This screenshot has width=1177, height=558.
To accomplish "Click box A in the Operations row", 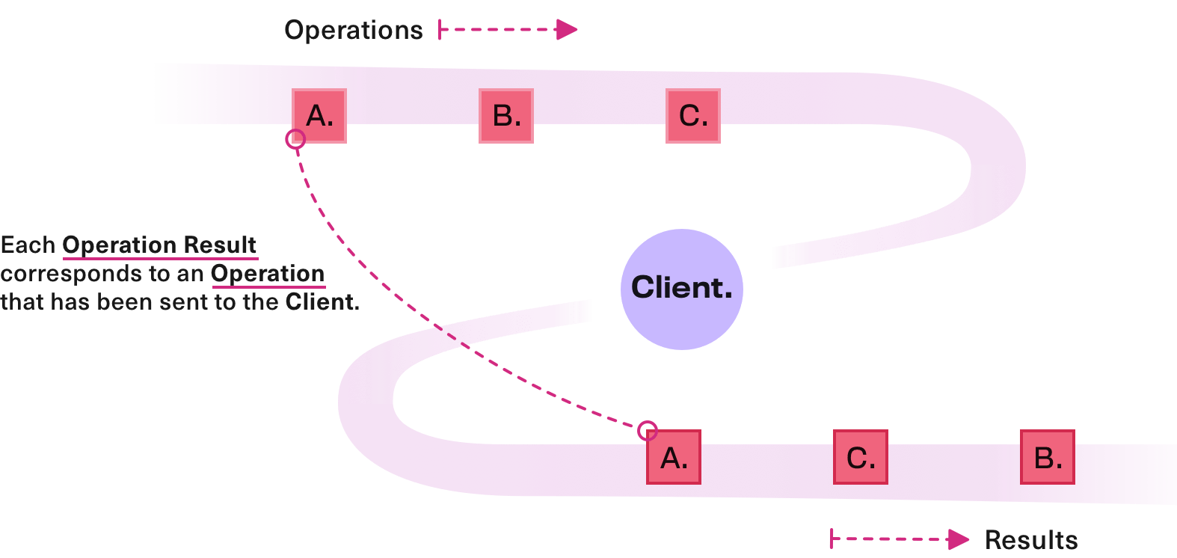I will coord(319,116).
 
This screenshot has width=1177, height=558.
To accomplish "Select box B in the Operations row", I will coord(506,116).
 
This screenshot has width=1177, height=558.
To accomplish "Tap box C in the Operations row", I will coord(693,116).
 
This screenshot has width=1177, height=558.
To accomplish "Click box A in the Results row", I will coord(674,457).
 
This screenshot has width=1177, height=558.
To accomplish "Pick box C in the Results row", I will coord(861,457).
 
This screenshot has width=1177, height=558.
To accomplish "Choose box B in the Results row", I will coord(1048,457).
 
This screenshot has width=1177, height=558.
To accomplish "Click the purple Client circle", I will coord(681,289).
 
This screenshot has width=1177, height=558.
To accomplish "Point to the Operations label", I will coord(354,30).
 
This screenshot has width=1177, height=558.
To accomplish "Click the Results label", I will coord(1031,540).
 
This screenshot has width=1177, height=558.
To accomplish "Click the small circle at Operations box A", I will coord(295,139).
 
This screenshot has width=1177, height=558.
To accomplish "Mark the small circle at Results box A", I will coord(648,430).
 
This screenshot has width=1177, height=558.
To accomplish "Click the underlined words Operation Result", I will coord(159,245).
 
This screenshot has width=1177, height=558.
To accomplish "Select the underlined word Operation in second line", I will coord(268,274).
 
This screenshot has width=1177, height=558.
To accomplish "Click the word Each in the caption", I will coord(28,245).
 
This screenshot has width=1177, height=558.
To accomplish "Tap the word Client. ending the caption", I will coord(322,302).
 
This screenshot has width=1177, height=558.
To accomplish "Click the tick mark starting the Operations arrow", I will coord(440,30).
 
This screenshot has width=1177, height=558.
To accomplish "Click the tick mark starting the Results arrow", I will coord(832,539).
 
